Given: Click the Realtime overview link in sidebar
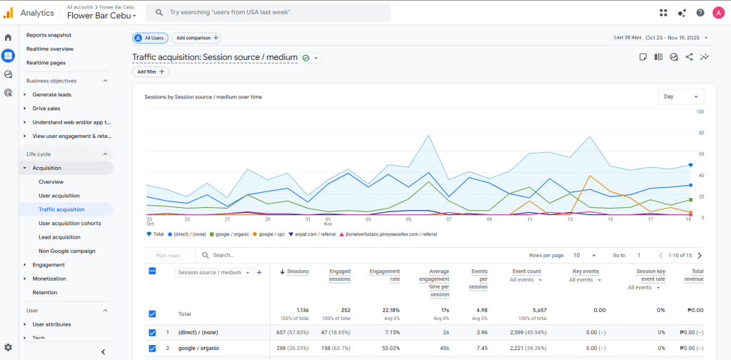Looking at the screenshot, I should [x=50, y=49].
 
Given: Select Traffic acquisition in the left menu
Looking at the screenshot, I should [x=61, y=209].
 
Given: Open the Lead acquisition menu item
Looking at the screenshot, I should [x=59, y=237].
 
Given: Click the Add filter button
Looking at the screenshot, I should [x=151, y=71].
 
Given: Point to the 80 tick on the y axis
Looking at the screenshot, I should [x=701, y=133].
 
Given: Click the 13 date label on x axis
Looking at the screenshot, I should [x=570, y=219].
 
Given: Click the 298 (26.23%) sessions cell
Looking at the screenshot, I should [x=293, y=349].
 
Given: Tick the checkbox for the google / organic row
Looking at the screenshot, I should [x=153, y=349].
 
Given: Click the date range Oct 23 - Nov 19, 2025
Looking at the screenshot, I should [x=672, y=37].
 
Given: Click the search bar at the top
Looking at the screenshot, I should [x=268, y=12].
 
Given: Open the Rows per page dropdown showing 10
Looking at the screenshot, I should [x=585, y=255].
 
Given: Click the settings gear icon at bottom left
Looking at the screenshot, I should [x=8, y=347].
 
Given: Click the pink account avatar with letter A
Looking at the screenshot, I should [x=717, y=12].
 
